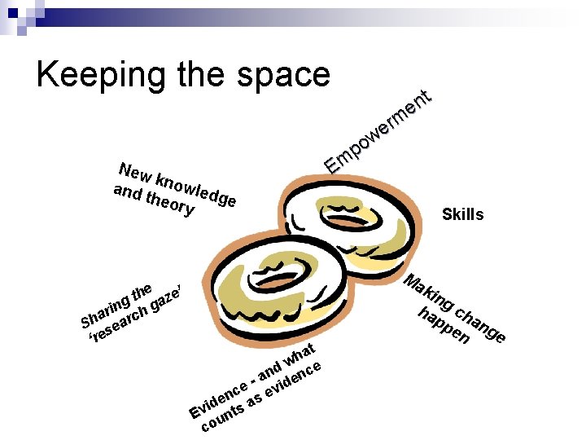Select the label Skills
(x=462, y=215)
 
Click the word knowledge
(x=195, y=188)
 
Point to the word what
(x=296, y=356)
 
